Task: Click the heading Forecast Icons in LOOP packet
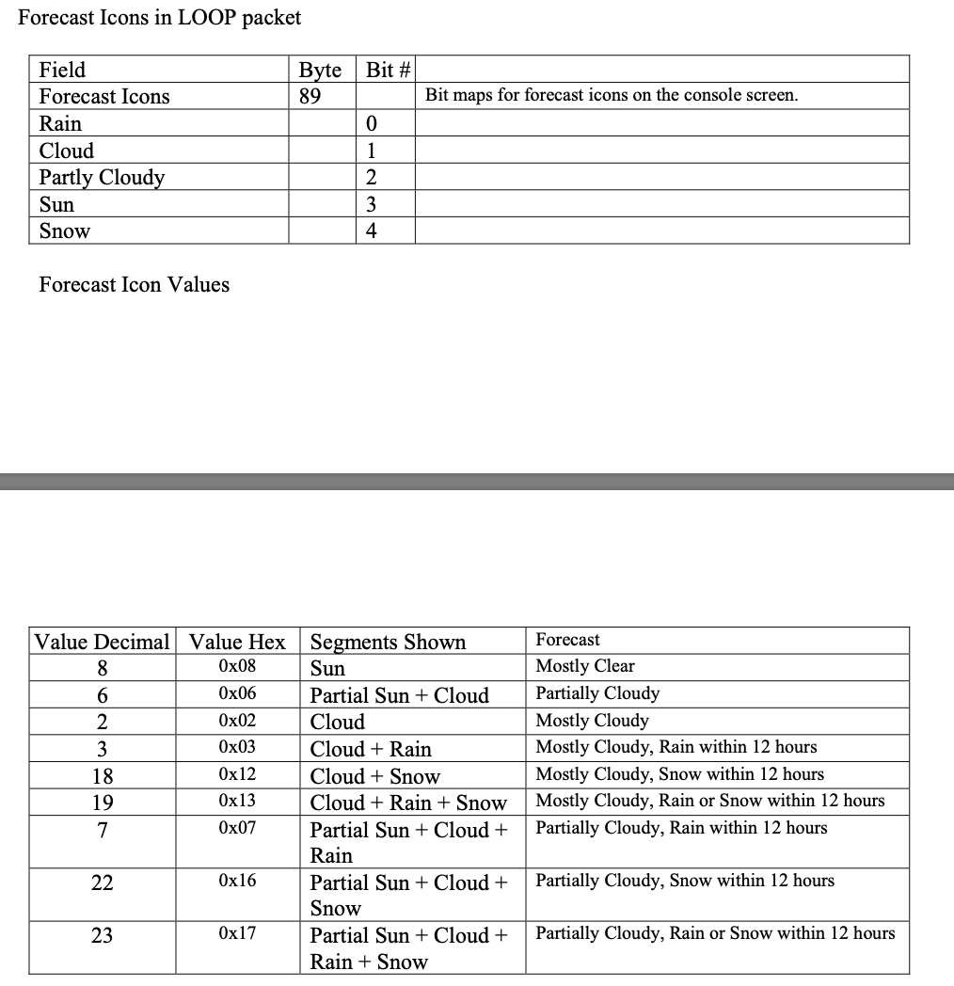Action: (x=160, y=17)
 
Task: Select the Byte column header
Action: (x=320, y=70)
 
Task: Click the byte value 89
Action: (x=310, y=97)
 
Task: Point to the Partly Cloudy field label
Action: (x=102, y=178)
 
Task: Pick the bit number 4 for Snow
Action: (x=372, y=231)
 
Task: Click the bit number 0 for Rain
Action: (x=372, y=124)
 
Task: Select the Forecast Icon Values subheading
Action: (x=134, y=284)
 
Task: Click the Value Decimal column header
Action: (x=102, y=643)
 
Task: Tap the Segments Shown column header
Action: (x=388, y=643)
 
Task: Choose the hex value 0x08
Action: (x=236, y=667)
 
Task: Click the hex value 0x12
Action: (x=236, y=774)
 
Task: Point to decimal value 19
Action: (x=102, y=803)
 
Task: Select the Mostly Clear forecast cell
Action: (x=585, y=666)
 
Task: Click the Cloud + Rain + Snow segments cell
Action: (x=408, y=803)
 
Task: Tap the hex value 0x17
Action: (x=236, y=934)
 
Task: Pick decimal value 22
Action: (x=102, y=883)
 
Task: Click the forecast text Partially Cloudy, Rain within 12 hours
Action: (x=681, y=828)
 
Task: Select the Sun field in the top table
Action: (x=56, y=205)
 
